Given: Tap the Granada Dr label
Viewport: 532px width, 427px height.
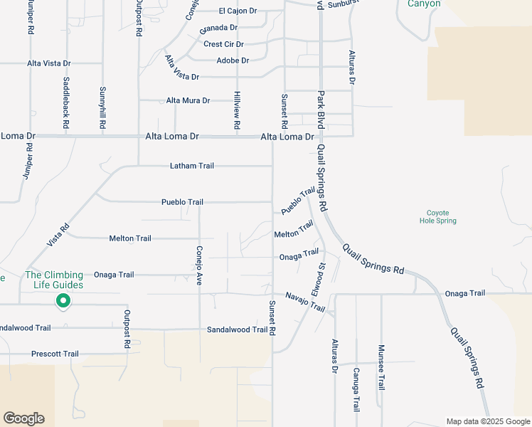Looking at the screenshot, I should pos(218,28).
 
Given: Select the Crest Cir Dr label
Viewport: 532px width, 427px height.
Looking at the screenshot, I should pos(223,44).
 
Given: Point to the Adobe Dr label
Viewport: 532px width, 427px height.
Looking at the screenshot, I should pos(233,60).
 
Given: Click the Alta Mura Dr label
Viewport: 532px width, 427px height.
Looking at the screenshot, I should pos(188,101).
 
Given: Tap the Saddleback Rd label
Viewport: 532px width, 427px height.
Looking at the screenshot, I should pos(66,102).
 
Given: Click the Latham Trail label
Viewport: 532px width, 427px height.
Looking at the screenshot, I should pos(191,166).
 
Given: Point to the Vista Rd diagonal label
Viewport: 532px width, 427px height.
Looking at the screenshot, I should pos(58,235).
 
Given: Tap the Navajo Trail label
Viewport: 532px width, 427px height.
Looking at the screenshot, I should pos(305,302).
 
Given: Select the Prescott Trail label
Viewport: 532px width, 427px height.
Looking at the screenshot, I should pos(55,354).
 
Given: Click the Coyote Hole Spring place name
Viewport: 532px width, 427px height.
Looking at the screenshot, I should pos(437,216).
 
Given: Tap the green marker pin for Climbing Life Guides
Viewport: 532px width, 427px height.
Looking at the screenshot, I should pos(63,302).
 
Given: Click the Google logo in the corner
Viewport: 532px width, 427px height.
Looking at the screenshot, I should pos(23,418).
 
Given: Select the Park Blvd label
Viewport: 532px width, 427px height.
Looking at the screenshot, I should pos(321,109).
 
